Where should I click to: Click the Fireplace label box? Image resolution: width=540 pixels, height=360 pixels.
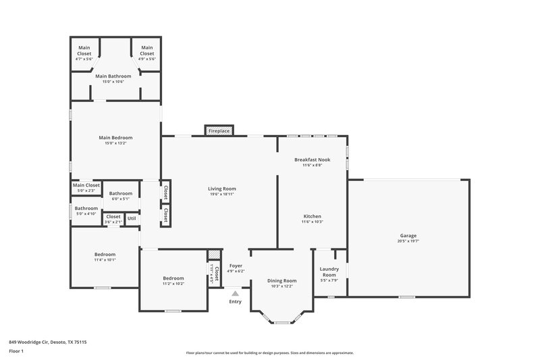click(x=219, y=130)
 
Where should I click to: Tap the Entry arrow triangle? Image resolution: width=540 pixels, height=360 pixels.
click(x=235, y=293)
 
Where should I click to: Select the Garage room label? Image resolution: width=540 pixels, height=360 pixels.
click(x=408, y=235)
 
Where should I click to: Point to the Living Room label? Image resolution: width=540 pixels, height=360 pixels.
click(x=221, y=188)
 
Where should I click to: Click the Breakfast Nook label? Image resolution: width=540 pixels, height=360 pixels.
click(x=312, y=159)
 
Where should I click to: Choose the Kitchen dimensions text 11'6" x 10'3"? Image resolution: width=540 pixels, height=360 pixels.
click(x=312, y=222)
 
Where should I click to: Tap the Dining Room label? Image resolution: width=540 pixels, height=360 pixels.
click(x=281, y=280)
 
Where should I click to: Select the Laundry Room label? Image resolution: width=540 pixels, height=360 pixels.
click(x=329, y=272)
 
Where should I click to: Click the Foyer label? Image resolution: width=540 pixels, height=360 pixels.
click(x=236, y=265)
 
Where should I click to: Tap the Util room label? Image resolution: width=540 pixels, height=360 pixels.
click(x=131, y=218)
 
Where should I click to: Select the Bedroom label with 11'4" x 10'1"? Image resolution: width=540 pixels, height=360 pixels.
click(x=105, y=254)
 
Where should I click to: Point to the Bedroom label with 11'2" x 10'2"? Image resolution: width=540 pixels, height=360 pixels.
click(x=173, y=278)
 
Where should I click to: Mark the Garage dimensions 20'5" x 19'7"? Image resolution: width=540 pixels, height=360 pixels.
click(x=408, y=240)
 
